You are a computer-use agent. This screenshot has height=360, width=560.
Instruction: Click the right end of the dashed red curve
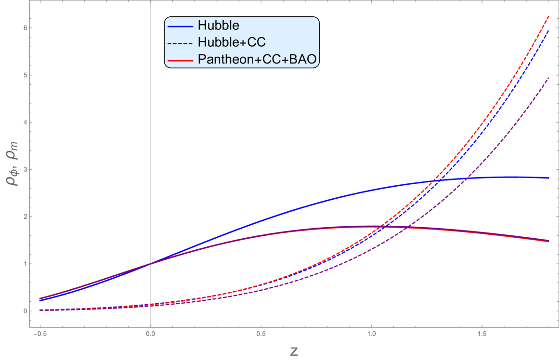549,16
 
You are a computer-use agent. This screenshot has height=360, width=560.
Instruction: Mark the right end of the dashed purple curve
549,77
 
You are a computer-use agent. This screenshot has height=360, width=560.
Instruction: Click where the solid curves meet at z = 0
151,263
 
